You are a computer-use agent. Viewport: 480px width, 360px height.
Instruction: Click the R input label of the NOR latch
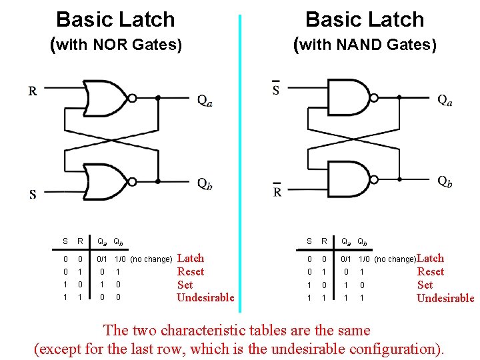(x=33, y=91)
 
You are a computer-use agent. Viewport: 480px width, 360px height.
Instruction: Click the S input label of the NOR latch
(x=33, y=195)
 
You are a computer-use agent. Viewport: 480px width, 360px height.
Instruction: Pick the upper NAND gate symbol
(x=347, y=98)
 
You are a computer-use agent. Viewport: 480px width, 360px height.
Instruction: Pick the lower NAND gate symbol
(x=347, y=181)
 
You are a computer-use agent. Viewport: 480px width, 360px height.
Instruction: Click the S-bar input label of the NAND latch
(x=276, y=89)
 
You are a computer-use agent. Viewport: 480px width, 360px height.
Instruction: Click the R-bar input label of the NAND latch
(x=277, y=191)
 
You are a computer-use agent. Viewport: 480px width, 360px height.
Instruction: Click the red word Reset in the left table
(x=191, y=271)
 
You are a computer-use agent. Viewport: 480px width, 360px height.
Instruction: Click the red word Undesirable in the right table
(x=445, y=298)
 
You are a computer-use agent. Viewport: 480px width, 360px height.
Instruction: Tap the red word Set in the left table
(x=185, y=285)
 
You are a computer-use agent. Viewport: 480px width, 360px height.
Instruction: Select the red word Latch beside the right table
(x=430, y=258)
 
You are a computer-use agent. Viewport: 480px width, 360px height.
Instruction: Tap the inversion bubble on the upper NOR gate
(x=132, y=98)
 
